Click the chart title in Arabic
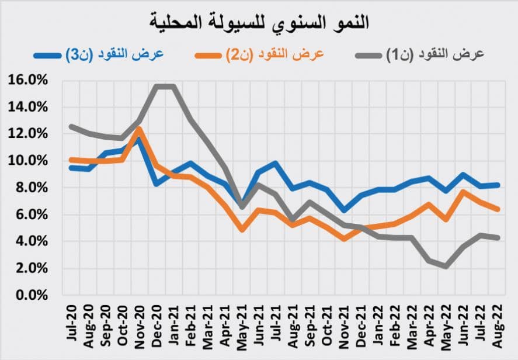pyautogui.click(x=258, y=22)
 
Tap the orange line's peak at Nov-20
pyautogui.click(x=140, y=129)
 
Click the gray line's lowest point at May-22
pyautogui.click(x=447, y=266)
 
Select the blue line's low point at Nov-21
pyautogui.click(x=345, y=210)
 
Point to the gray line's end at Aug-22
pyautogui.click(x=497, y=237)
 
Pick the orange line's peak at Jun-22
pyautogui.click(x=464, y=192)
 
